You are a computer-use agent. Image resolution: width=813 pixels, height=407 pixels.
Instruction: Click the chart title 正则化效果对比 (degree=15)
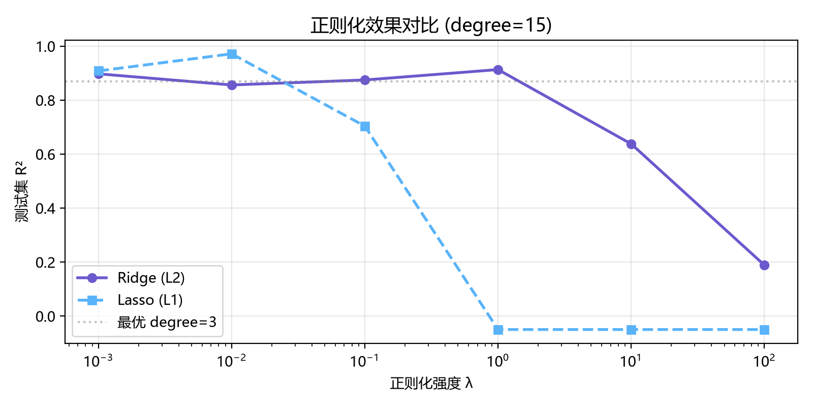click(431, 25)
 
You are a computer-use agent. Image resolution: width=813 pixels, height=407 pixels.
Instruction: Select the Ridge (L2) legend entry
click(131, 278)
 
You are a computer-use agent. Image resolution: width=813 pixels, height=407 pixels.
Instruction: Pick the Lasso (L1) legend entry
click(130, 300)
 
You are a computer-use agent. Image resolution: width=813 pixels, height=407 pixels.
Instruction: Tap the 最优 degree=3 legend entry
click(147, 322)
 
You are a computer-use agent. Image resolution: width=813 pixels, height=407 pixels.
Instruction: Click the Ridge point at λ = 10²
click(764, 265)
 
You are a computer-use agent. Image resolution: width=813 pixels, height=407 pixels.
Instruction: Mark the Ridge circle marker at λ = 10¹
click(631, 144)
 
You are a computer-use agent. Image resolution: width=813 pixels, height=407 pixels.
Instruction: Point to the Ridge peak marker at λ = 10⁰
click(498, 70)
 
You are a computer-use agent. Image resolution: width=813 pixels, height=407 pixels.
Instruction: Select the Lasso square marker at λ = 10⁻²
click(232, 54)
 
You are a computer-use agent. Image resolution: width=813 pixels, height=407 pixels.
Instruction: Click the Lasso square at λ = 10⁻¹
click(365, 127)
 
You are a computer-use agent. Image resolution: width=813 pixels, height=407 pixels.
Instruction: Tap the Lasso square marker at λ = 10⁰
click(498, 330)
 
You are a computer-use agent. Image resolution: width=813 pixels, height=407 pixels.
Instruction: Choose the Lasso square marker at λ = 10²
click(764, 330)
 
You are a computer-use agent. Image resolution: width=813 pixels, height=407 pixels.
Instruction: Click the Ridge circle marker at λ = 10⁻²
click(232, 85)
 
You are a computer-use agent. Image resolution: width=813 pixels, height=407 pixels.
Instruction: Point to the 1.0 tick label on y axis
click(46, 46)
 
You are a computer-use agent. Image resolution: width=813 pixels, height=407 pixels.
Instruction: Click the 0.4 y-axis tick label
click(46, 208)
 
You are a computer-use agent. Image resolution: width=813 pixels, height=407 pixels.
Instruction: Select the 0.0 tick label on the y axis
click(46, 316)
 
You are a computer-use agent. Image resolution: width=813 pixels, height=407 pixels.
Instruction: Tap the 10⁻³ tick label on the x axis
click(98, 361)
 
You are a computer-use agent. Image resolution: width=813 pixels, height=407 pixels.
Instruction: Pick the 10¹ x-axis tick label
click(631, 361)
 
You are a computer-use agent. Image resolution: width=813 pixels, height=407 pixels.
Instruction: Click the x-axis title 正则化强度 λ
click(431, 384)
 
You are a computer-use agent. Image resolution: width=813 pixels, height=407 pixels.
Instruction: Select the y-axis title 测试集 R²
click(21, 191)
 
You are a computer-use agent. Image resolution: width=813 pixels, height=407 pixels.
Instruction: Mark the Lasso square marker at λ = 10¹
click(631, 330)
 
